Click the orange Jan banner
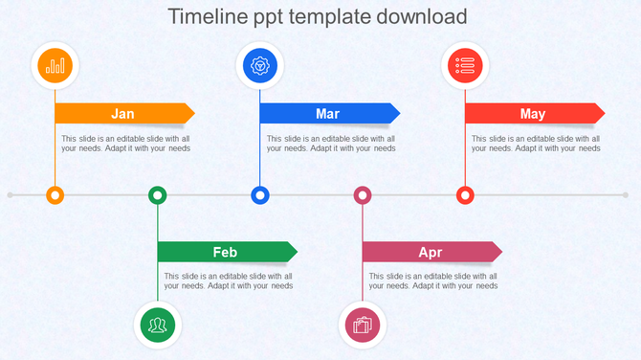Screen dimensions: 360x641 coord(123,114)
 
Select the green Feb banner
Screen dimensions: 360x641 coord(226,253)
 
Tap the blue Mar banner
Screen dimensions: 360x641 coord(328,114)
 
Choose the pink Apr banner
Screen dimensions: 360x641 coord(431,253)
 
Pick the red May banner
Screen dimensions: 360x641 coord(533,114)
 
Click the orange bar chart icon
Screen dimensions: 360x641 coord(55,66)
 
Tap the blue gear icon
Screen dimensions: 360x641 coord(260,66)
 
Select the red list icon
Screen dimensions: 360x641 coord(465,66)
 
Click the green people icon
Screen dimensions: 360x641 coord(158,325)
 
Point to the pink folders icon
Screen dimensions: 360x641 coord(363,325)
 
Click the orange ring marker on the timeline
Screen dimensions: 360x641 coord(55,195)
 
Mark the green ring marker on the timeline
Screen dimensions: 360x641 coord(158,195)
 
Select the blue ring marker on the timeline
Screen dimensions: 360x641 coord(260,195)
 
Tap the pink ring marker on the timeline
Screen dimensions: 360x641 coord(363,195)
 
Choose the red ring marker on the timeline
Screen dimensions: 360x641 coord(465,195)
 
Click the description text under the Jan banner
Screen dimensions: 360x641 coord(126,144)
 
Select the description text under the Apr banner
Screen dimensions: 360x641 coord(433,281)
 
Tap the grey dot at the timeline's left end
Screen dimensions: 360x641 coord(11,195)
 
